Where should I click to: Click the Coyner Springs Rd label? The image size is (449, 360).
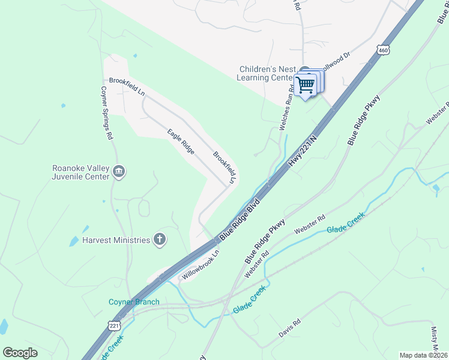tap(106, 112)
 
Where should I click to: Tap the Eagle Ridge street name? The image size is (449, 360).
tap(181, 142)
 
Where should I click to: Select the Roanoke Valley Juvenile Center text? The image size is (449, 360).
tap(80, 172)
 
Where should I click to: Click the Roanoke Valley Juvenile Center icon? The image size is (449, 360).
tap(119, 172)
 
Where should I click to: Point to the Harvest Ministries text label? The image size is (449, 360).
tap(116, 240)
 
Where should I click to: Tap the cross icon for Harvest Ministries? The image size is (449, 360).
tap(159, 240)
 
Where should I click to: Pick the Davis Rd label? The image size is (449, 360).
tap(289, 329)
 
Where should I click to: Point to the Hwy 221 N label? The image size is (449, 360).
tap(301, 151)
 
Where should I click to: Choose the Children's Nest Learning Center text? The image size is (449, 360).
tap(267, 73)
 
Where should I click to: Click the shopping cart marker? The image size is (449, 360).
tap(306, 85)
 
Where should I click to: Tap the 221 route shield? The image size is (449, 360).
tap(115, 325)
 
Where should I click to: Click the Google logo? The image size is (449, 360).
tap(20, 353)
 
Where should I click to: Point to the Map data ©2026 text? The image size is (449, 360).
tap(423, 355)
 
